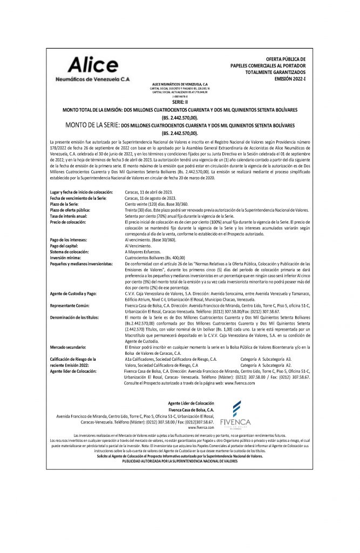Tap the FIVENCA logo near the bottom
pos(234,416)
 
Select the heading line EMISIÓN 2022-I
pos(290,78)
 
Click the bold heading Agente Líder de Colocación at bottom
pos(191,403)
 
